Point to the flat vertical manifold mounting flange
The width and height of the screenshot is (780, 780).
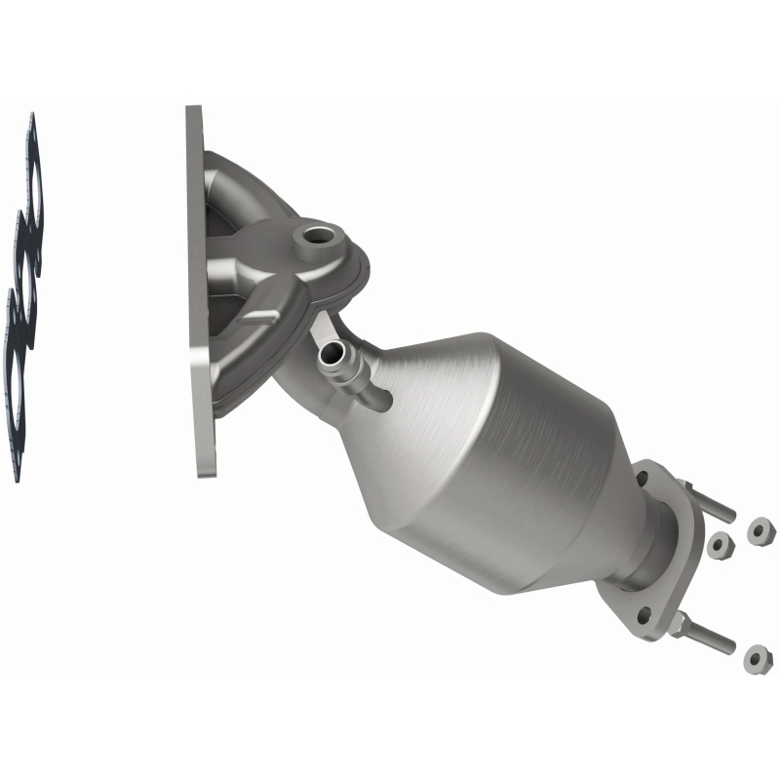[200, 292]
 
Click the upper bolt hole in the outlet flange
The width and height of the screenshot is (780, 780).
[644, 479]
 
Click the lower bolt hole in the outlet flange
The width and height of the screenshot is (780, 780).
[643, 613]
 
